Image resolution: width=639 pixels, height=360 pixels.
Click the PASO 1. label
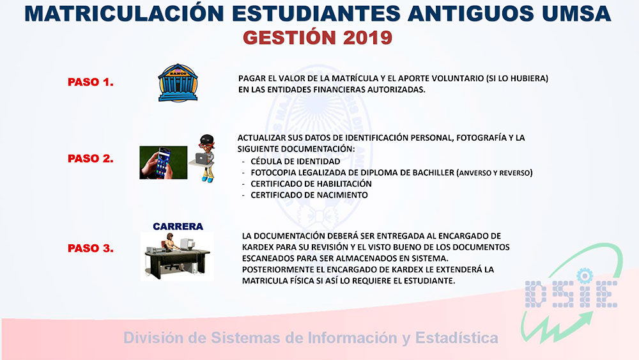tap(91, 82)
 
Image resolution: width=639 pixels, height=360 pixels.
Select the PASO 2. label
tap(91, 159)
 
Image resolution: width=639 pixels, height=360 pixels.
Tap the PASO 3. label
tap(91, 248)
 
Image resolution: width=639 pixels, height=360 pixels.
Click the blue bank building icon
tap(178, 82)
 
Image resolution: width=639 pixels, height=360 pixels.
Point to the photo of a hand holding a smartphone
tap(164, 162)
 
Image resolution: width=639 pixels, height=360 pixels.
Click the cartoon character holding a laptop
tap(204, 159)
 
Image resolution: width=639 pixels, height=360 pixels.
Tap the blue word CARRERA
tap(178, 226)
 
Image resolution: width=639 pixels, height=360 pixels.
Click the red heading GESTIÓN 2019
tap(318, 38)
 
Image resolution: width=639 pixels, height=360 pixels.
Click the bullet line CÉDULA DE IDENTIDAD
tap(295, 161)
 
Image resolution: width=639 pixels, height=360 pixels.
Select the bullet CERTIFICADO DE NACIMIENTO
tap(309, 195)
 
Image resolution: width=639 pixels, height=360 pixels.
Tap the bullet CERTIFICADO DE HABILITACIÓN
tap(311, 184)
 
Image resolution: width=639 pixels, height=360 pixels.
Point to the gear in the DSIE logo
tap(585, 276)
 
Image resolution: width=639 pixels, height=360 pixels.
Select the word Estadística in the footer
tap(456, 338)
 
